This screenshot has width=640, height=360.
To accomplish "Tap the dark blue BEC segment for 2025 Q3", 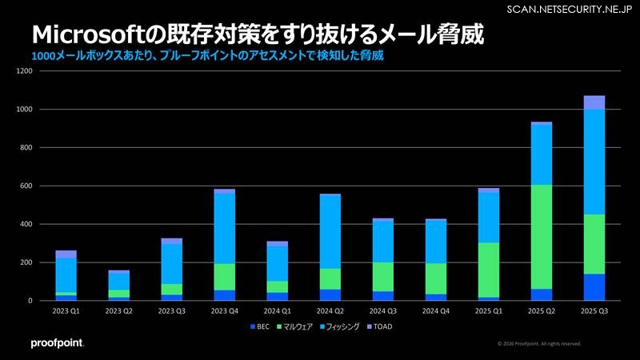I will click(x=594, y=287).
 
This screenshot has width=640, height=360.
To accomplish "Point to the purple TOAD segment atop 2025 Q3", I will click(x=594, y=102).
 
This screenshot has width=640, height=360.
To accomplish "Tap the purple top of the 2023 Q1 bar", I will click(x=66, y=254).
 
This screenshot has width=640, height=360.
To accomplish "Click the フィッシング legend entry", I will click(x=341, y=326).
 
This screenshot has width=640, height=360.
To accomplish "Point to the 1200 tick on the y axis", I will click(x=23, y=71).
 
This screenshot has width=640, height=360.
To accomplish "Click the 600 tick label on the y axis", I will click(x=25, y=186).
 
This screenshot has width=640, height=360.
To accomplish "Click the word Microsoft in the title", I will click(x=90, y=35).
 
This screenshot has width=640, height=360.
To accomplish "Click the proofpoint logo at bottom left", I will click(x=57, y=343).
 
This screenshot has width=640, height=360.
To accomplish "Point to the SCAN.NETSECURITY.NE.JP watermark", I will click(x=570, y=9).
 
